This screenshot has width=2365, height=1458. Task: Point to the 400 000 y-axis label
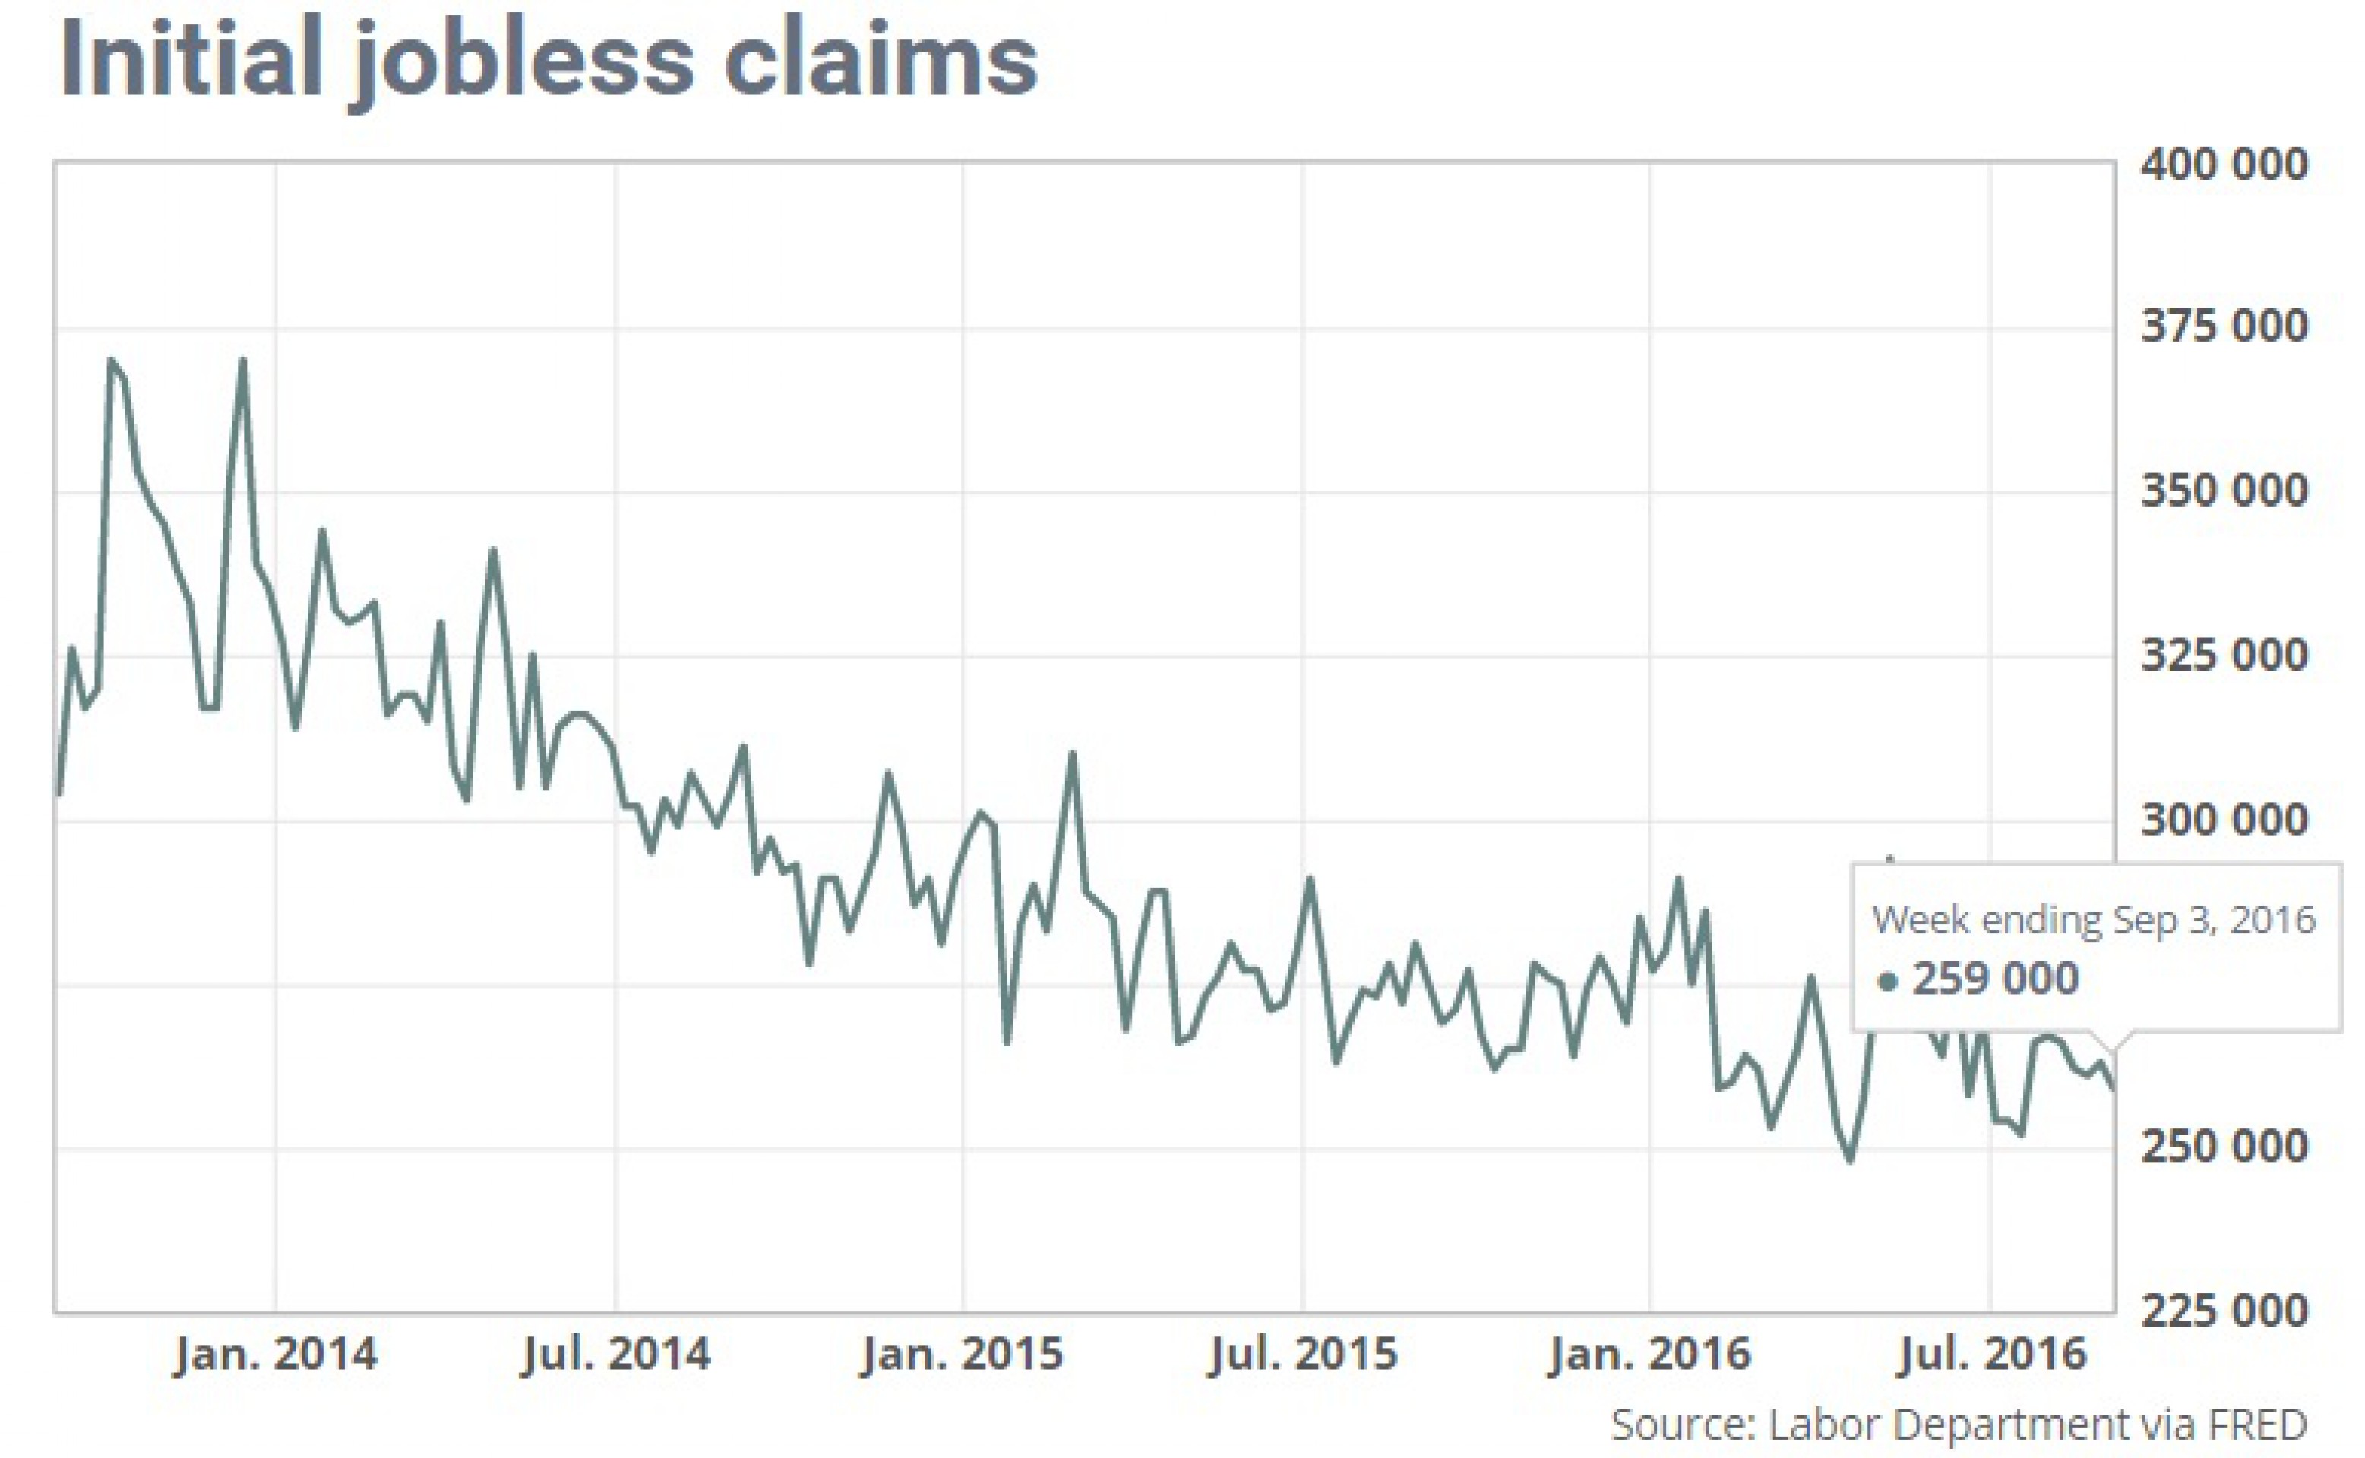(2223, 164)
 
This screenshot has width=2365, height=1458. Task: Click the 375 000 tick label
(2223, 327)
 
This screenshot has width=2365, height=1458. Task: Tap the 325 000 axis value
(2223, 655)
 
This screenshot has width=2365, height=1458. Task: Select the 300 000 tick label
(2223, 819)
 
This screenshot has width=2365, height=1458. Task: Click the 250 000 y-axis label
(2223, 1147)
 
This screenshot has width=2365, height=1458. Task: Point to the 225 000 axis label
(2223, 1311)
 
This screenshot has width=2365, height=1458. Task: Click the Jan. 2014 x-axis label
(276, 1354)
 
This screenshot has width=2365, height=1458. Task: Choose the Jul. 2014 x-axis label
(616, 1354)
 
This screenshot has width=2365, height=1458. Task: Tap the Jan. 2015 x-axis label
(963, 1354)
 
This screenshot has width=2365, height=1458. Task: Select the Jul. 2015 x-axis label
(1303, 1354)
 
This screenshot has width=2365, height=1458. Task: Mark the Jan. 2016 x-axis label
(1649, 1354)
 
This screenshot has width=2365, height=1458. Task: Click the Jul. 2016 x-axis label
(1990, 1354)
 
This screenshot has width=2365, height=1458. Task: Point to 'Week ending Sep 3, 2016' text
(2093, 920)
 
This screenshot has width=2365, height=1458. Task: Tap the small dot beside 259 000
(1888, 982)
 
